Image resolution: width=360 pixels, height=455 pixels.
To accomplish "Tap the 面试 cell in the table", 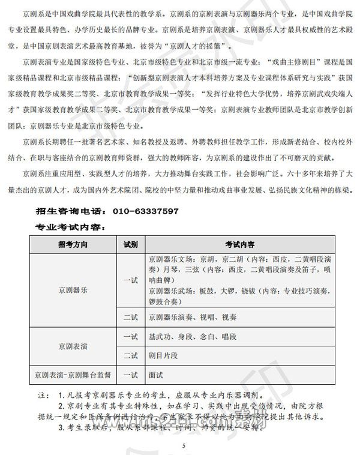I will pos(156,375).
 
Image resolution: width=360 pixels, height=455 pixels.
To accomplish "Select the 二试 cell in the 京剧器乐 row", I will pos(130,316).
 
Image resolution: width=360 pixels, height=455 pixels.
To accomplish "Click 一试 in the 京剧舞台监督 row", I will pos(130,375).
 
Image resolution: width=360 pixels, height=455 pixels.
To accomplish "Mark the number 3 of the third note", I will pos(61,428).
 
